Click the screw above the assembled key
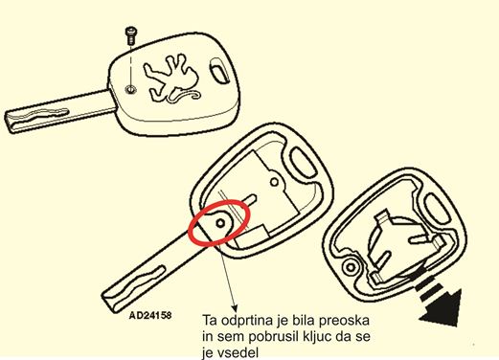pos(130,35)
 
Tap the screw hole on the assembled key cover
pos(130,90)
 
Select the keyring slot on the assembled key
pos(219,71)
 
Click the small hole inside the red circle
pos(220,223)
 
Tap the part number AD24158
pos(150,315)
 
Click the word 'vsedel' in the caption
pos(238,353)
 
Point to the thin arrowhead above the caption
pos(235,307)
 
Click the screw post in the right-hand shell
pos(351,267)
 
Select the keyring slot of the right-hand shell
pos(437,210)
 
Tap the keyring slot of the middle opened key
pos(303,163)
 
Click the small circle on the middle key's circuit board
pos(274,183)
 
